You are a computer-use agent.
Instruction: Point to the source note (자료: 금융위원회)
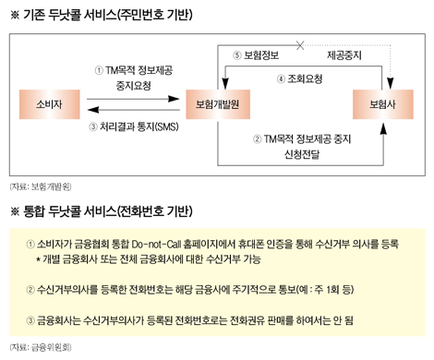pyautogui.click(x=34, y=347)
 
